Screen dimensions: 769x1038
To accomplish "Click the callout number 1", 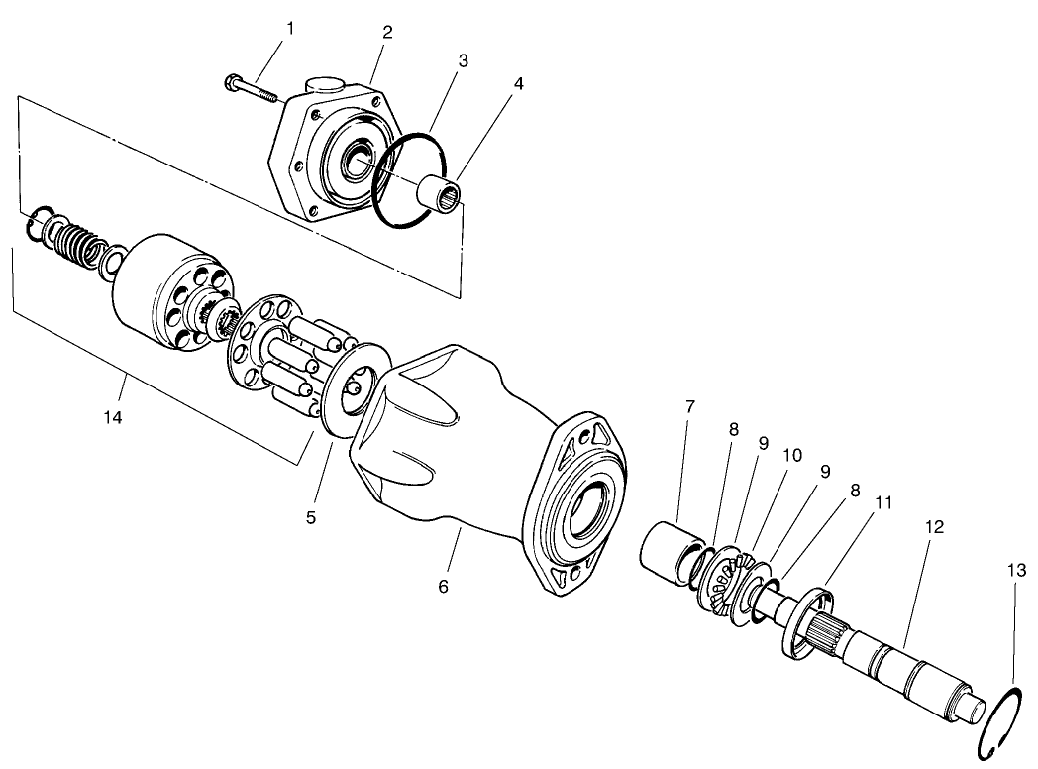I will click(289, 30).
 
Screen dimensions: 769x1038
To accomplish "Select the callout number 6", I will click(443, 587).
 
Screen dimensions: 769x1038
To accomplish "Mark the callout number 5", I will click(311, 517).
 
